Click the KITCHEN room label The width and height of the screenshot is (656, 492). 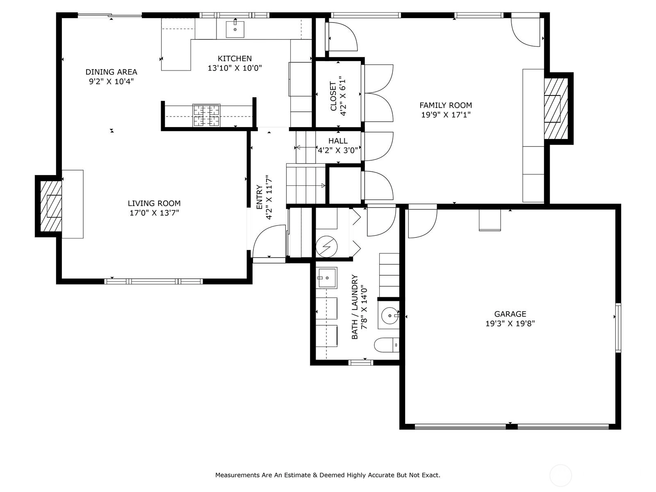pos(235,59)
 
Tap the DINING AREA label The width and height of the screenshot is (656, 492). pos(111,72)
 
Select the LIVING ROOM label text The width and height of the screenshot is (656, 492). pos(154,203)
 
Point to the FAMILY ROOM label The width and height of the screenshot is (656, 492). pos(446,105)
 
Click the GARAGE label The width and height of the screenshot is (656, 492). pos(510,314)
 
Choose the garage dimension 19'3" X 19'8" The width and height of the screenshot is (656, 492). pos(510,323)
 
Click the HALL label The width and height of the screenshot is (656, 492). pos(338,141)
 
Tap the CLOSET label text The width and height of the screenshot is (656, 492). pos(333,96)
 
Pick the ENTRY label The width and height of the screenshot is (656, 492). pos(259,197)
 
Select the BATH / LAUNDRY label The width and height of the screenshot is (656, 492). pos(355,307)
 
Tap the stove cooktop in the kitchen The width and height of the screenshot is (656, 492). pos(207,116)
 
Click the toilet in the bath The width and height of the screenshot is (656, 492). pos(387,345)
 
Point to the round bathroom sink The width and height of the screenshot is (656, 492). pos(390,315)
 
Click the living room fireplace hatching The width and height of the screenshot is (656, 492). pos(51,206)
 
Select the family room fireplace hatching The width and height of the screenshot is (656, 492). pos(556,109)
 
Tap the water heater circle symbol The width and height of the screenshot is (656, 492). pos(327,247)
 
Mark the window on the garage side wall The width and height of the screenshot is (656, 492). pos(618,328)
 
